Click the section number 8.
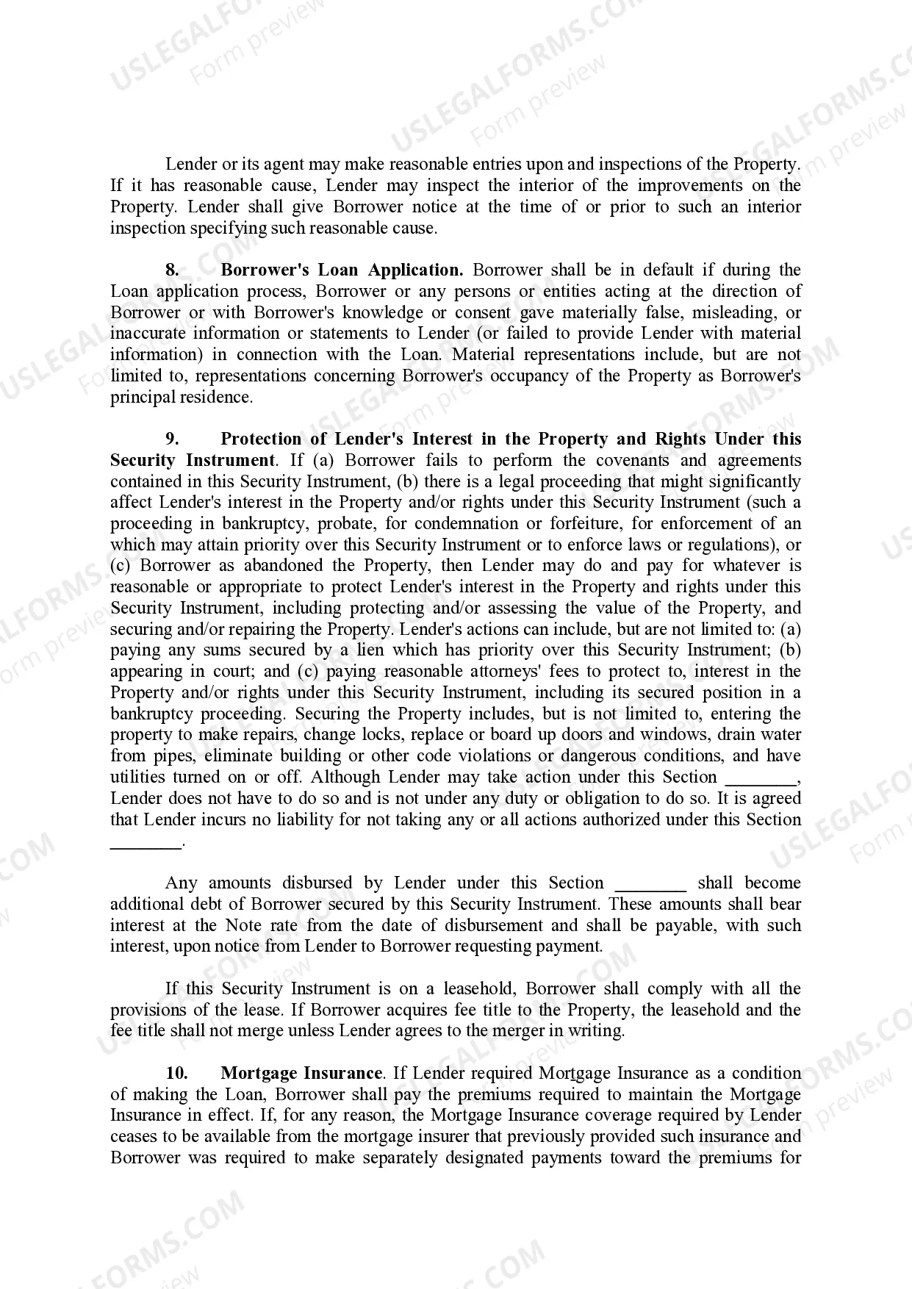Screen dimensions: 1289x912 pyautogui.click(x=172, y=270)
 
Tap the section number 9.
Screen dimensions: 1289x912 pyautogui.click(x=172, y=439)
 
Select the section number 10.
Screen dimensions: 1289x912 pyautogui.click(x=177, y=1074)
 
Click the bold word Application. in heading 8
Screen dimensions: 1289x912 pyautogui.click(x=415, y=270)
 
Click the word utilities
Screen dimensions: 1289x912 pyautogui.click(x=135, y=778)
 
